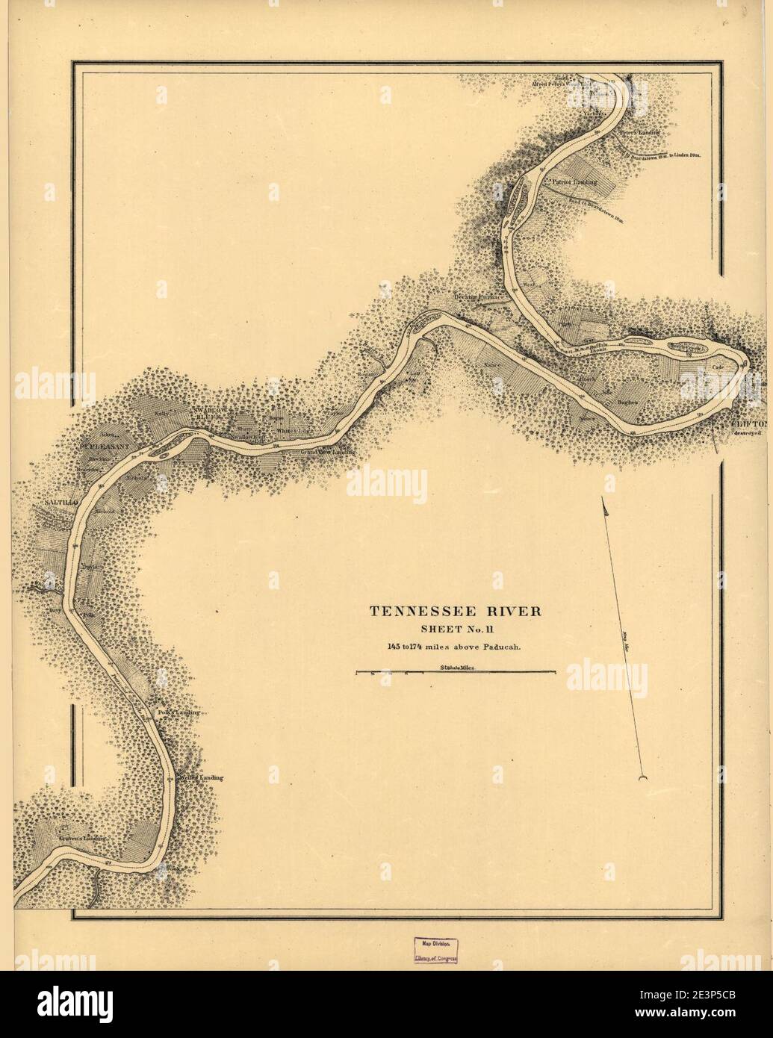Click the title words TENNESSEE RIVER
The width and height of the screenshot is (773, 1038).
coord(456,611)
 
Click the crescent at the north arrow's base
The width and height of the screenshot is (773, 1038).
coord(642,780)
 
